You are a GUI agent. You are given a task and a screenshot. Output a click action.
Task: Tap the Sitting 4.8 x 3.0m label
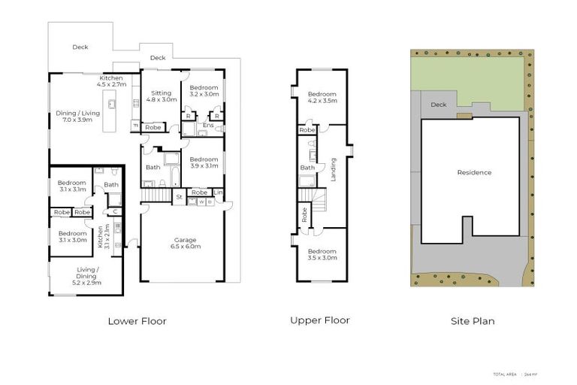coord(162,96)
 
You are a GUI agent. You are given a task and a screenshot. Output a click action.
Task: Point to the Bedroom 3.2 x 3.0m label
coord(204,91)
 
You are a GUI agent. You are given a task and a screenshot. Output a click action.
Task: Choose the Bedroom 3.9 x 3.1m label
coord(204,162)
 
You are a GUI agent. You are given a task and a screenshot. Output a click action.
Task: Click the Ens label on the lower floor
coord(207,125)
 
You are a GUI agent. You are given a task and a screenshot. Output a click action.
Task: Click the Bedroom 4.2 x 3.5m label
coord(322,96)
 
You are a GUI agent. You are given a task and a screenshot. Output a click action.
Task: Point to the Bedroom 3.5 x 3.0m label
coord(322,254)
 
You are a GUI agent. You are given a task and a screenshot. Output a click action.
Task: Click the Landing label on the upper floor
coord(334,168)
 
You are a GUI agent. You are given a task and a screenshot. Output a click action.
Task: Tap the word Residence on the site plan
coord(474,173)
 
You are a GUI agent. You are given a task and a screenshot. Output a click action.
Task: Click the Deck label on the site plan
coord(439,105)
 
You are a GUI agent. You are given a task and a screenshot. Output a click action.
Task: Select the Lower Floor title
coord(137,321)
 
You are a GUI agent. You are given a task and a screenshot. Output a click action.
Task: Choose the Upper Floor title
coord(319,320)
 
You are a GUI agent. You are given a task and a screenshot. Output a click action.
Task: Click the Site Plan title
coord(473,321)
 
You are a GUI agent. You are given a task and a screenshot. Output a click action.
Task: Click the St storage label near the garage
coord(179,197)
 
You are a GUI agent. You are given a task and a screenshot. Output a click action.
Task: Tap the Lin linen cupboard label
coord(219,192)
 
